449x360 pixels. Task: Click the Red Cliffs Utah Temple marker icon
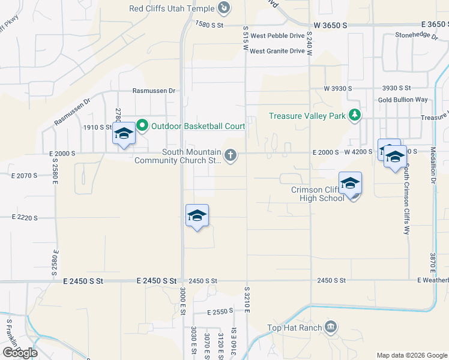223,8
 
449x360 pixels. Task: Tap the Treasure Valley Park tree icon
355,115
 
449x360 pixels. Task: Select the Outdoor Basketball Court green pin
142,126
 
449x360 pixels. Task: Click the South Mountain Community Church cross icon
230,156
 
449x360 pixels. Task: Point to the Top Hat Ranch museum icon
330,327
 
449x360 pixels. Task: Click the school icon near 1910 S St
124,134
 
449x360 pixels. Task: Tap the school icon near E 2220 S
197,216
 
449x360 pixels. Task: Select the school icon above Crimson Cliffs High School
350,184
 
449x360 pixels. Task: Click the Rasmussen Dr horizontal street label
154,91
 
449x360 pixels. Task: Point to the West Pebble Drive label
277,36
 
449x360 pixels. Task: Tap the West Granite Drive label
277,51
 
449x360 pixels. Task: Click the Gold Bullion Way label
403,100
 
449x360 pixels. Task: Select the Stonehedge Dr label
417,35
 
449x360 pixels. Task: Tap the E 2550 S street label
220,312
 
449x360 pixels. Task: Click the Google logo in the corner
20,352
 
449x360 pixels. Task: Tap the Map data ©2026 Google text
411,355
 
